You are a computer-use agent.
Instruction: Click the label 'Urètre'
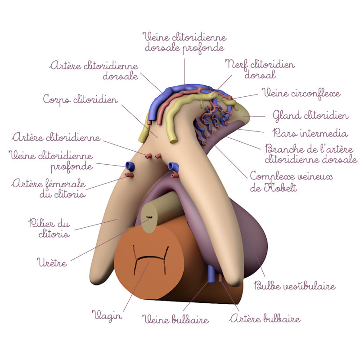pos(52,262)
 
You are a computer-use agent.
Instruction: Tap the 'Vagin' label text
pos(107,315)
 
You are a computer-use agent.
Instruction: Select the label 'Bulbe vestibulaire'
pos(295,286)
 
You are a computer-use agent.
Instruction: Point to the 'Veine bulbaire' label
pos(176,320)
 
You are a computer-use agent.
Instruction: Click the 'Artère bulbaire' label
pos(265,319)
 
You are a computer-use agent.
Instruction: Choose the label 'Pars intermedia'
pos(310,133)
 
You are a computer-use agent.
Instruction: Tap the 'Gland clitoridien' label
pos(310,116)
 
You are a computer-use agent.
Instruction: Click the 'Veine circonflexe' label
pos(301,94)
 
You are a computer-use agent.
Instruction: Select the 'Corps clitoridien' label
pos(81,99)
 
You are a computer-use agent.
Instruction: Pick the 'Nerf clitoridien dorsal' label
pos(260,70)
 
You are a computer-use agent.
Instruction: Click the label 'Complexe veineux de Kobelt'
pos(291,182)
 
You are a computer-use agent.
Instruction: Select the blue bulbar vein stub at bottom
pos(211,273)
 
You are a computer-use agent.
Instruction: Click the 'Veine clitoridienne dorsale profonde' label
pos(184,41)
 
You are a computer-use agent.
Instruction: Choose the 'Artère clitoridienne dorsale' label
pos(94,71)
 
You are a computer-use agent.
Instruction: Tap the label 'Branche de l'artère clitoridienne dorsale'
pos(311,153)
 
